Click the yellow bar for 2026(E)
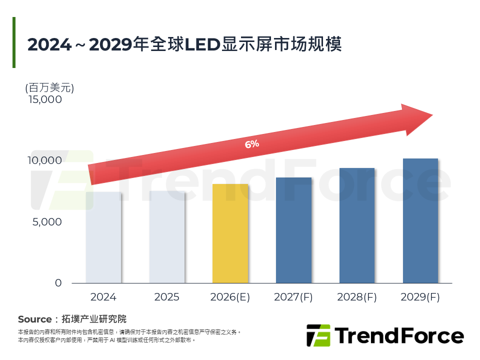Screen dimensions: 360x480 230,233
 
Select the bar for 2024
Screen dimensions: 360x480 103,237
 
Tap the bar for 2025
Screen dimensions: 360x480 166,237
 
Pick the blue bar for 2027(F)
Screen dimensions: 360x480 293,230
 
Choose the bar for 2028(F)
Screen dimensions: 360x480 357,225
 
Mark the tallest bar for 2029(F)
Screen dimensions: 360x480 420,220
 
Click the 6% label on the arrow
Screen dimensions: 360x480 251,144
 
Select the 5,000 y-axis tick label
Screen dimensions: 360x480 47,221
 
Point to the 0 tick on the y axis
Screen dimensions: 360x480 58,283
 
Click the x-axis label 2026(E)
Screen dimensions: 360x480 230,297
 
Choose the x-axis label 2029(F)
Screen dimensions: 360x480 420,297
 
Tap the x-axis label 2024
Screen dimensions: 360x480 103,297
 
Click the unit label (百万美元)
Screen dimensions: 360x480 49,88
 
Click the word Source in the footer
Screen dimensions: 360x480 34,319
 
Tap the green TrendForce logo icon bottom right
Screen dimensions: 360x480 318,335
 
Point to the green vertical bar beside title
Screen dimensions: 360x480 14,42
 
